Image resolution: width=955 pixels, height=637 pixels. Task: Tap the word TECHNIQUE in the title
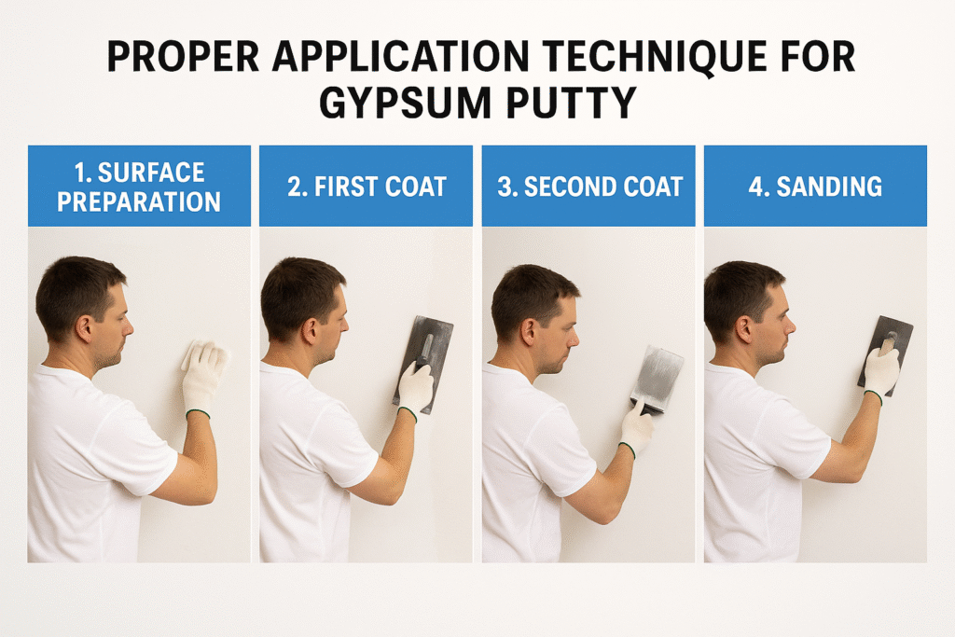(656, 57)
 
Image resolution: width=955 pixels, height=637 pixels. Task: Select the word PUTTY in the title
(571, 103)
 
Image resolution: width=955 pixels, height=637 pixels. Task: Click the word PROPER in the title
(184, 57)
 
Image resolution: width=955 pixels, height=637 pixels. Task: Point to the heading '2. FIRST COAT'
(367, 187)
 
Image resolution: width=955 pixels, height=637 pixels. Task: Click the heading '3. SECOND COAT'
(589, 187)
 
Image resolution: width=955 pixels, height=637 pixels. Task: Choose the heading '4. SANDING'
(815, 187)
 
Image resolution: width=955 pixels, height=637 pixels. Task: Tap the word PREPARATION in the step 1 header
(139, 202)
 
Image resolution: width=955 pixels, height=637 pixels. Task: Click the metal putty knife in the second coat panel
(657, 378)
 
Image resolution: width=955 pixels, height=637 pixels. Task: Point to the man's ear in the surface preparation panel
(84, 329)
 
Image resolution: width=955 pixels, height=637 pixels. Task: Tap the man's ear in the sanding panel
(744, 329)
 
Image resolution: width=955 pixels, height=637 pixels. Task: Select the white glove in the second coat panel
(636, 427)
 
